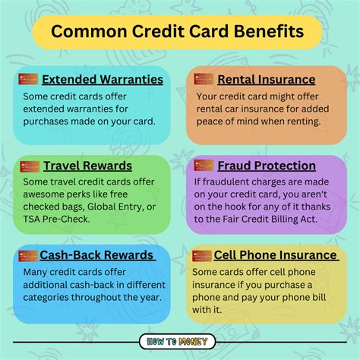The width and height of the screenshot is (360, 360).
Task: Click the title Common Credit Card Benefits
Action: pyautogui.click(x=180, y=33)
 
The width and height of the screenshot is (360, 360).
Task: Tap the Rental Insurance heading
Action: pyautogui.click(x=266, y=79)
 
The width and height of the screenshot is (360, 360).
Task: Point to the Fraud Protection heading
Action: pyautogui.click(x=267, y=166)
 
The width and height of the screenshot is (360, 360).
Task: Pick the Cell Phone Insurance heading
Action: pyautogui.click(x=276, y=255)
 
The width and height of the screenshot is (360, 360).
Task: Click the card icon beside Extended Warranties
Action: pyautogui.click(x=28, y=78)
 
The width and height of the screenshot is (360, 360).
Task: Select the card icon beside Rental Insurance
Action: pyautogui.click(x=203, y=78)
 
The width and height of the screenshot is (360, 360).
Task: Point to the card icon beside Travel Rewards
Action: pyautogui.click(x=28, y=165)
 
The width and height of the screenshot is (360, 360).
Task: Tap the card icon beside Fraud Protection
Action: pyautogui.click(x=203, y=165)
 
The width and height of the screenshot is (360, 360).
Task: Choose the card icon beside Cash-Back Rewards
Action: pyautogui.click(x=28, y=254)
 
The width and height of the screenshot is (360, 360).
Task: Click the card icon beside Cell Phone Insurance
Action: pyautogui.click(x=203, y=254)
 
